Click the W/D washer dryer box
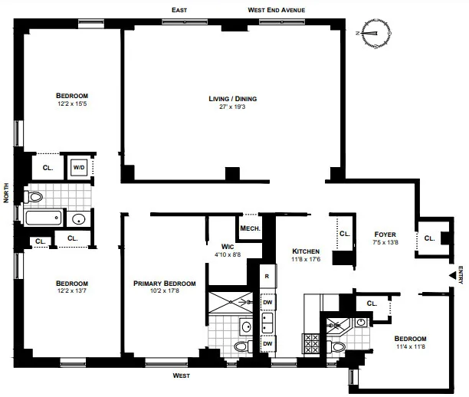[x=79, y=167]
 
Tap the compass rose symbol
[x=375, y=33]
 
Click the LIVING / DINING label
[x=232, y=99]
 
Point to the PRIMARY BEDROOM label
[x=164, y=283]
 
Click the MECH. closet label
[x=250, y=228]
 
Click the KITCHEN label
[x=306, y=251]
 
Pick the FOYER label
[x=385, y=234]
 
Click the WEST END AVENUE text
[x=276, y=10]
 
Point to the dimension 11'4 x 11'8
[x=410, y=347]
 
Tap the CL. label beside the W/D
[x=48, y=167]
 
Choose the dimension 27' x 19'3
[x=232, y=107]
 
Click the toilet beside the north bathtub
[x=34, y=197]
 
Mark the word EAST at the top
[x=179, y=10]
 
